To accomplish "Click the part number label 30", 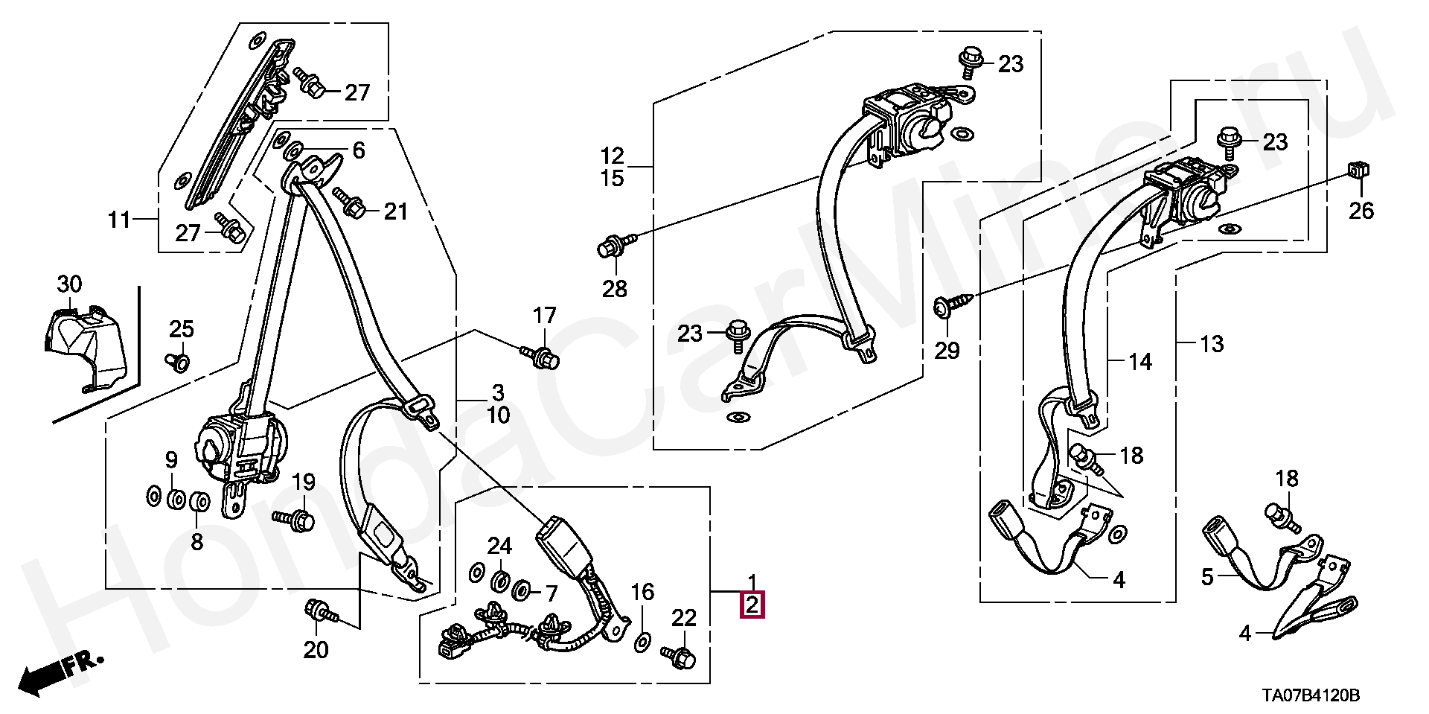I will click(69, 284).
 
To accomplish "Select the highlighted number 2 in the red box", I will click(752, 605).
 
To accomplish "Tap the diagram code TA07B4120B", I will click(1310, 696).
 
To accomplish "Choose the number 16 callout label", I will click(642, 593).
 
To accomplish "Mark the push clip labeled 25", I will click(179, 362).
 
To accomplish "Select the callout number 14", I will click(1140, 362).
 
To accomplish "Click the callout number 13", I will click(1212, 344).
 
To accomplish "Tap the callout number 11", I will click(119, 220).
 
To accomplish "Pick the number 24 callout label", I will click(499, 546).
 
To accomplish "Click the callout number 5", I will click(1207, 576).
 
